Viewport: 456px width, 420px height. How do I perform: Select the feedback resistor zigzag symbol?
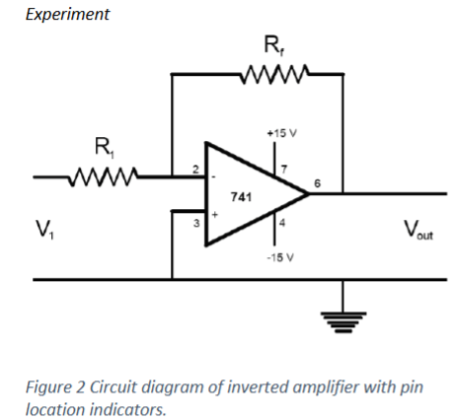pos(277,72)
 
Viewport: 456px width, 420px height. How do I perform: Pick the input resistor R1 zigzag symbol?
pos(101,178)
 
